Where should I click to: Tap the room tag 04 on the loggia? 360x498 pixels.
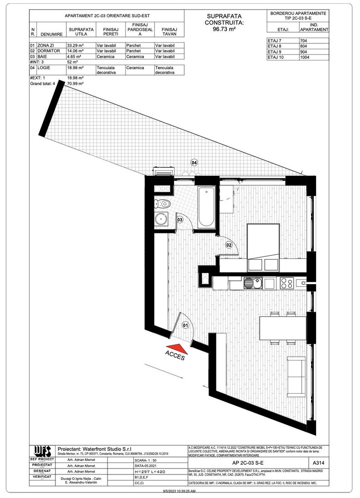194,163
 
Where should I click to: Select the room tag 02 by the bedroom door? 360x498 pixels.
228,245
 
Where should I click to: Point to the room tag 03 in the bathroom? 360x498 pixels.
180,220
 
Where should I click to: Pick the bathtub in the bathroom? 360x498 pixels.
207,207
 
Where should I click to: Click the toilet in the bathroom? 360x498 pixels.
164,203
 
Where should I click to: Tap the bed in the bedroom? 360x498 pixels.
263,248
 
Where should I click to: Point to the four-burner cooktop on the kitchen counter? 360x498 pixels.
286,283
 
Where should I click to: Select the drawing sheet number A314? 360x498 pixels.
318,462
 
